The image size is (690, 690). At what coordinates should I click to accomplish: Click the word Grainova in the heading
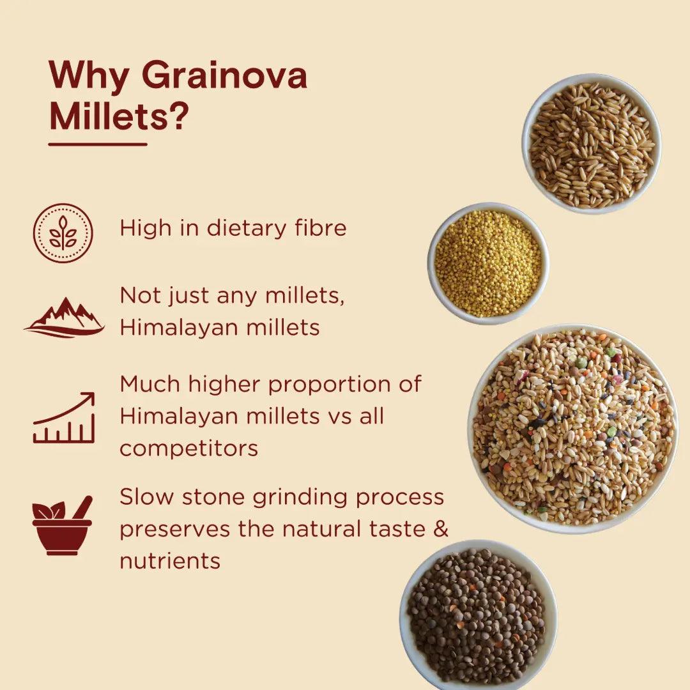224,75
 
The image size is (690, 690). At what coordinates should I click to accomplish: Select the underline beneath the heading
98,144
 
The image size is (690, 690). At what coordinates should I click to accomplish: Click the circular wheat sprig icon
63,233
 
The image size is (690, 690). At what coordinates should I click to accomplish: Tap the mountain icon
65,318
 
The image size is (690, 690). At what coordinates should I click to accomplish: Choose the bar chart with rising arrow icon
65,417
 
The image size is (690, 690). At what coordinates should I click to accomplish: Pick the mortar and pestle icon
63,525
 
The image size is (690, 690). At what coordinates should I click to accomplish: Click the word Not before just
140,295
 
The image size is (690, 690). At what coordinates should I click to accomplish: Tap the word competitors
188,449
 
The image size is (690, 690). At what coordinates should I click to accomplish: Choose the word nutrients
170,561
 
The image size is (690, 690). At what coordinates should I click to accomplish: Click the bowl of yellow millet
488,264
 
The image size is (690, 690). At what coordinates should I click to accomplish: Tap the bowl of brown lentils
478,615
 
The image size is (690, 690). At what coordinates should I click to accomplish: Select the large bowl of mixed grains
572,429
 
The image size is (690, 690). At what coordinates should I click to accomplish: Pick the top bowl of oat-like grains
592,144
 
